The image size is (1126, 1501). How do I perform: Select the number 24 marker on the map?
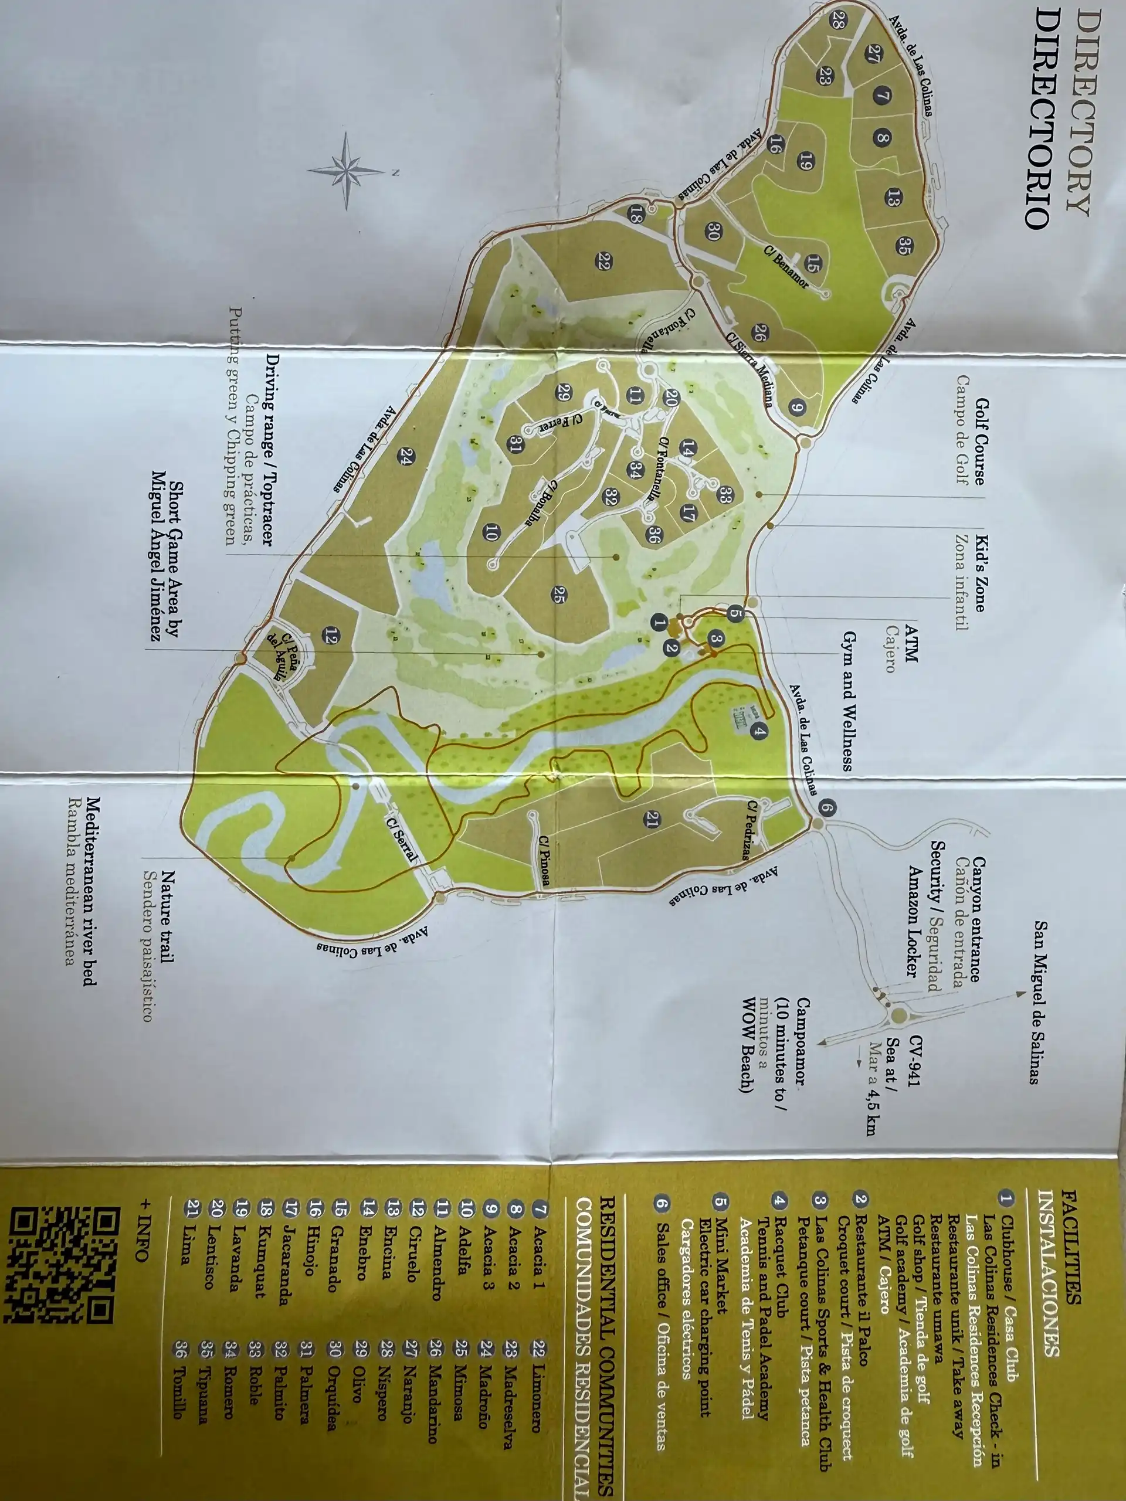tap(406, 456)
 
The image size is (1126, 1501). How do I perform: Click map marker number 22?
tap(603, 262)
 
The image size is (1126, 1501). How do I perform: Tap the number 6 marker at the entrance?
tap(827, 807)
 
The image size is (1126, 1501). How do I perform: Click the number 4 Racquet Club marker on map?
tap(759, 732)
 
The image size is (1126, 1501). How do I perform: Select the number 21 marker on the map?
tap(652, 820)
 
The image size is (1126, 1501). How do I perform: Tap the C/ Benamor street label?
tap(786, 267)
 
